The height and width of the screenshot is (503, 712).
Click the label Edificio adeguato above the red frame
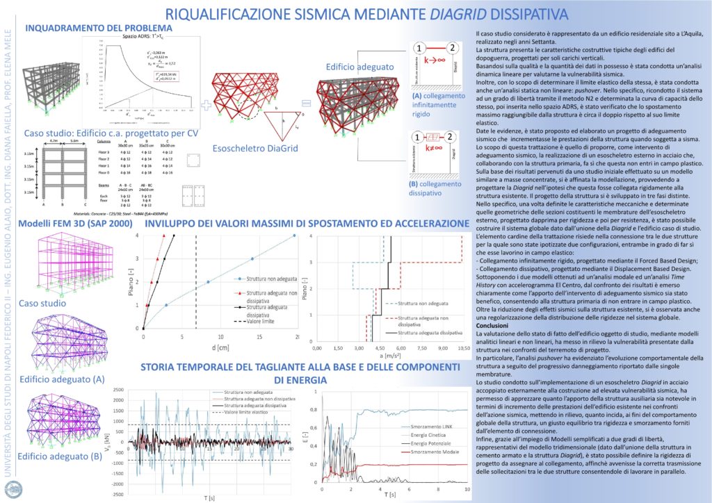pos(357,67)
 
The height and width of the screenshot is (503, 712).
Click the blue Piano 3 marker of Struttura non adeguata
pos(252,259)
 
